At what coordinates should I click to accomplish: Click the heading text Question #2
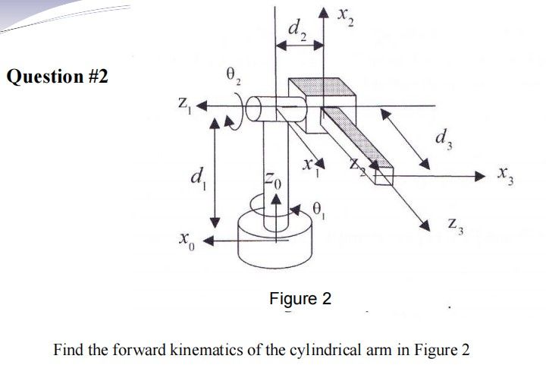tap(58, 77)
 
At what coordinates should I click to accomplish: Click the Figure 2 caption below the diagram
tap(300, 299)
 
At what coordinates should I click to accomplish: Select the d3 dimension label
tap(442, 140)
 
